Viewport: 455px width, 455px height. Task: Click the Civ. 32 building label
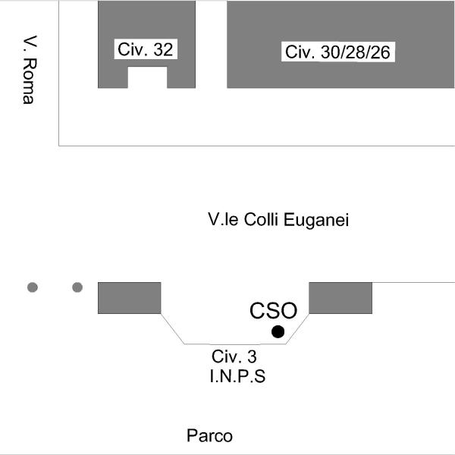[x=146, y=49]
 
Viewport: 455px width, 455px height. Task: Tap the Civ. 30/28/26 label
[x=338, y=52]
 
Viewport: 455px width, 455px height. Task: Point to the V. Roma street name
[x=30, y=70]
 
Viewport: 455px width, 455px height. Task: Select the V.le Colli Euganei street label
[x=278, y=219]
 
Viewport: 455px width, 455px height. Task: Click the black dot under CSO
[x=278, y=331]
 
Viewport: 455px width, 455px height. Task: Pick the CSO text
[x=273, y=311]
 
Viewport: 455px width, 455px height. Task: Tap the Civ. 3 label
[x=234, y=356]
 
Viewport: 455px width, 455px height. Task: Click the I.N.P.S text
[x=237, y=376]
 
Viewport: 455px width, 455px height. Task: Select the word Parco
[x=209, y=435]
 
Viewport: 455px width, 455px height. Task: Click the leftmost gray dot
[x=33, y=287]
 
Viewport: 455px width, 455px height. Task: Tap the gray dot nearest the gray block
[x=77, y=287]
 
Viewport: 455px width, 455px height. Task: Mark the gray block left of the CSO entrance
[x=130, y=298]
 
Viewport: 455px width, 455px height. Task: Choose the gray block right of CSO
[x=340, y=298]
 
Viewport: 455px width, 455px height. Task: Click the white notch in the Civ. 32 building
[x=147, y=77]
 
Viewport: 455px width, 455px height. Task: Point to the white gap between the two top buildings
[x=212, y=44]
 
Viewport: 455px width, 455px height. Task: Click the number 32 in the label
[x=163, y=49]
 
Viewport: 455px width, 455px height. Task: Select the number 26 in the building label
[x=380, y=52]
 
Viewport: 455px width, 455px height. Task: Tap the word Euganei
[x=316, y=220]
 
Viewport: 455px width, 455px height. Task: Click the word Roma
[x=30, y=81]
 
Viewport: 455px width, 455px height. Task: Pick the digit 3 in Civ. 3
[x=253, y=356]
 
